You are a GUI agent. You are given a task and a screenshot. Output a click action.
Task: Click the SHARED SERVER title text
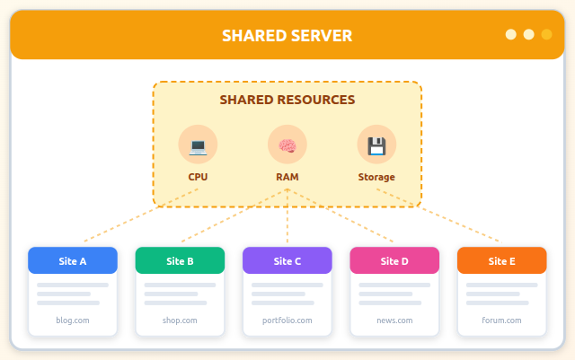coord(287,36)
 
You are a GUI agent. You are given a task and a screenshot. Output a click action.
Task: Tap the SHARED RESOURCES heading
coord(287,100)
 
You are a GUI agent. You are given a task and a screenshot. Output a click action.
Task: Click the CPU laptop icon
coord(198,145)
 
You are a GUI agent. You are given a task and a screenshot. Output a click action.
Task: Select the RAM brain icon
coord(287,145)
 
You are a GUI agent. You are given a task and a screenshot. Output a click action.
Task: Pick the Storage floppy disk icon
coord(376,145)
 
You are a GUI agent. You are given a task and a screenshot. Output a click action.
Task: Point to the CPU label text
coord(198,177)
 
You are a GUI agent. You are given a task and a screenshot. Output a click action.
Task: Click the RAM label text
coord(287,177)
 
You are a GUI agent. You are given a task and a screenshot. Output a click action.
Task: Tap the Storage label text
coord(376,177)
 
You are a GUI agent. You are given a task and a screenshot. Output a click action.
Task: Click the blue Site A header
coord(73,261)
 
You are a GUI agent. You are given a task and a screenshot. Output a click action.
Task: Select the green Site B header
coord(180,261)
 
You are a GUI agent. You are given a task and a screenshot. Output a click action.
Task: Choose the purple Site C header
coord(287,261)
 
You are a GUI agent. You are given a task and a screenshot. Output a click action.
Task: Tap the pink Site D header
coord(394,261)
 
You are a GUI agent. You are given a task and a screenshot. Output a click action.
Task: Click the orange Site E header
coord(501,261)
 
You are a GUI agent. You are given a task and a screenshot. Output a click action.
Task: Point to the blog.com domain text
coord(73,320)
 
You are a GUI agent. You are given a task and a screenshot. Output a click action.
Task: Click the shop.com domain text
coord(180,320)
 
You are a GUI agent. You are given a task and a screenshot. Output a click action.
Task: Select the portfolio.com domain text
coord(287,320)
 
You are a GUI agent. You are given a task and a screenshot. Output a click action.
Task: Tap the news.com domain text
coord(394,320)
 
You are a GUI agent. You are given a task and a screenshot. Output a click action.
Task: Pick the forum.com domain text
coord(501,320)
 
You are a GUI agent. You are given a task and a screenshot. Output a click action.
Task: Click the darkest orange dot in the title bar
coord(546,35)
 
